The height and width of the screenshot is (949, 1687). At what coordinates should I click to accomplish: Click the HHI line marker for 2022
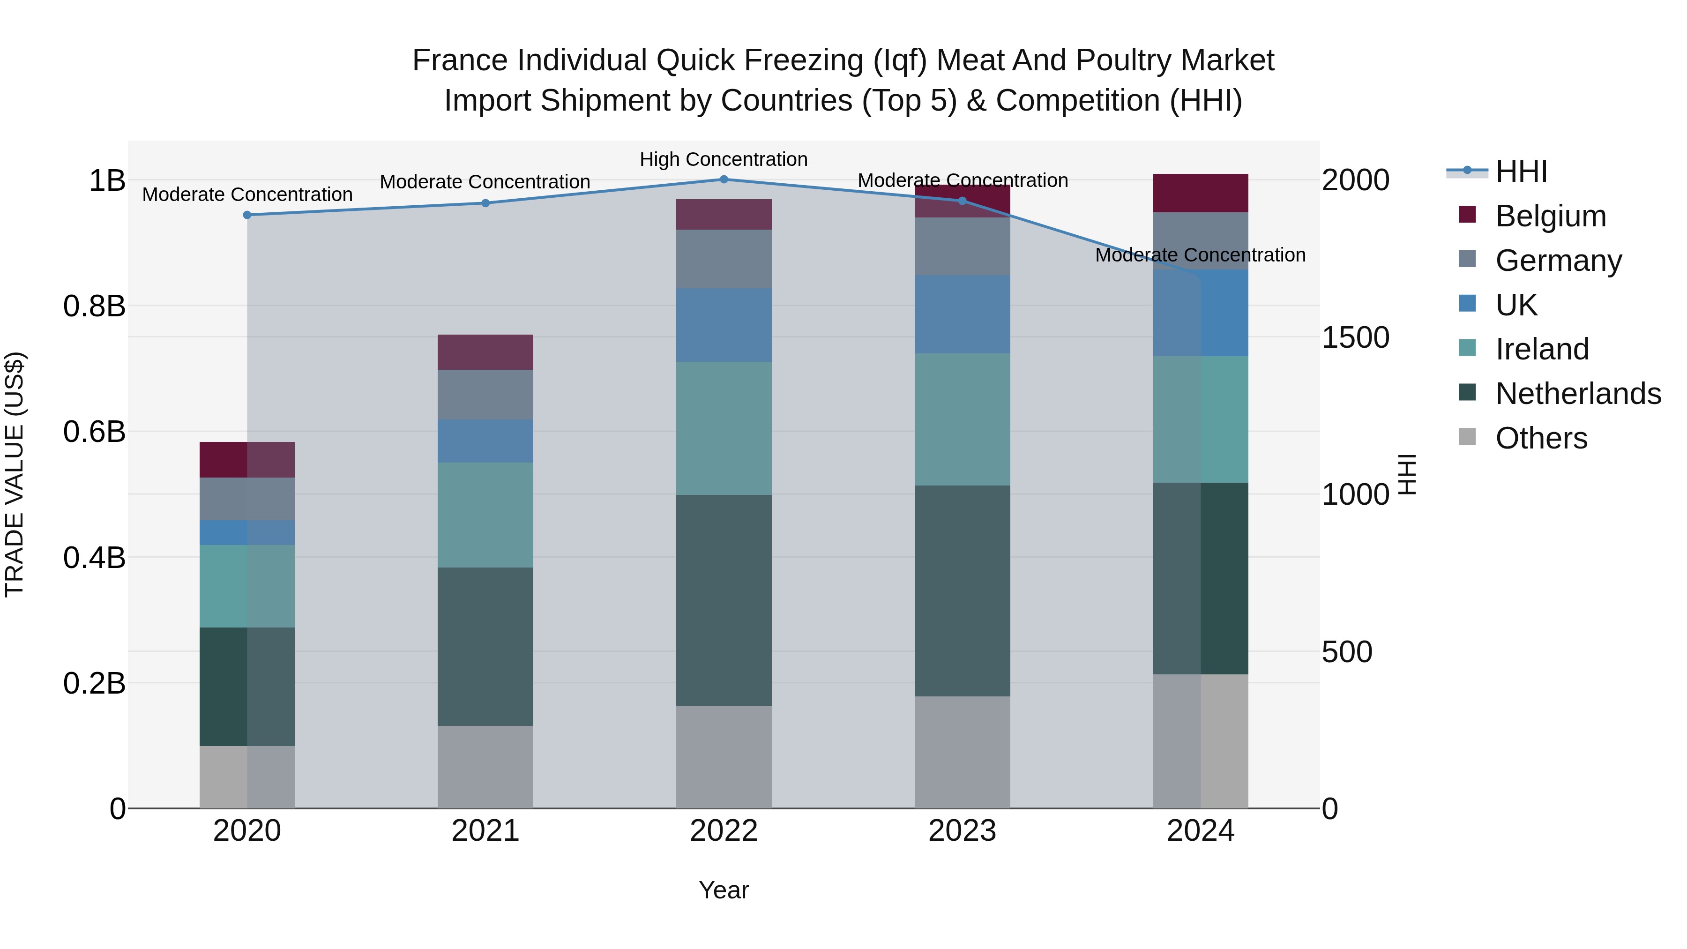click(724, 179)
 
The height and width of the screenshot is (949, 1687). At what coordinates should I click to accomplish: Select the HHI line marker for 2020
click(247, 215)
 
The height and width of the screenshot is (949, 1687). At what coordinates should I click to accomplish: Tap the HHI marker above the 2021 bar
click(485, 203)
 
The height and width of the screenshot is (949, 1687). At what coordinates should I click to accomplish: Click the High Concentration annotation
click(724, 159)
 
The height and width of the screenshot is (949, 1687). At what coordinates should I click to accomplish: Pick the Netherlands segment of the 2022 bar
click(724, 599)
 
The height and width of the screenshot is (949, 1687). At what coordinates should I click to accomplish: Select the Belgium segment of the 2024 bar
click(1201, 193)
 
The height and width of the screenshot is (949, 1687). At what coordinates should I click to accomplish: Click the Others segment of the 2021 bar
click(485, 766)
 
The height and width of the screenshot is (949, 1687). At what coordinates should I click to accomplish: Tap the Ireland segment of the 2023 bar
click(962, 419)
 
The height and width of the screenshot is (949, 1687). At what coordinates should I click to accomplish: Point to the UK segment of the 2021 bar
click(485, 441)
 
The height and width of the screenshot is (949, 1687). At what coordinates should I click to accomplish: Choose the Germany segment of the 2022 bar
click(724, 259)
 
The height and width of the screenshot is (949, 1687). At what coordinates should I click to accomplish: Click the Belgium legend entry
click(1550, 216)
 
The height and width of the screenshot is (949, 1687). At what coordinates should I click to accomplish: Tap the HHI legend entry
click(1521, 172)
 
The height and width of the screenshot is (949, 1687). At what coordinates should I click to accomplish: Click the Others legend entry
click(1541, 438)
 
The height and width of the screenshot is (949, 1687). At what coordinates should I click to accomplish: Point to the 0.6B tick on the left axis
click(94, 432)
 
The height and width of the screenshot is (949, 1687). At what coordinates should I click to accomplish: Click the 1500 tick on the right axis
click(1355, 337)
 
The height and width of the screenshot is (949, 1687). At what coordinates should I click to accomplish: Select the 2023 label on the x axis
click(962, 831)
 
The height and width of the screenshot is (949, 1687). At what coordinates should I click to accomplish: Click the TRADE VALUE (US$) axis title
click(15, 474)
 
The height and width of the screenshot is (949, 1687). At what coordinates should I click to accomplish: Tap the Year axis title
click(724, 890)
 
